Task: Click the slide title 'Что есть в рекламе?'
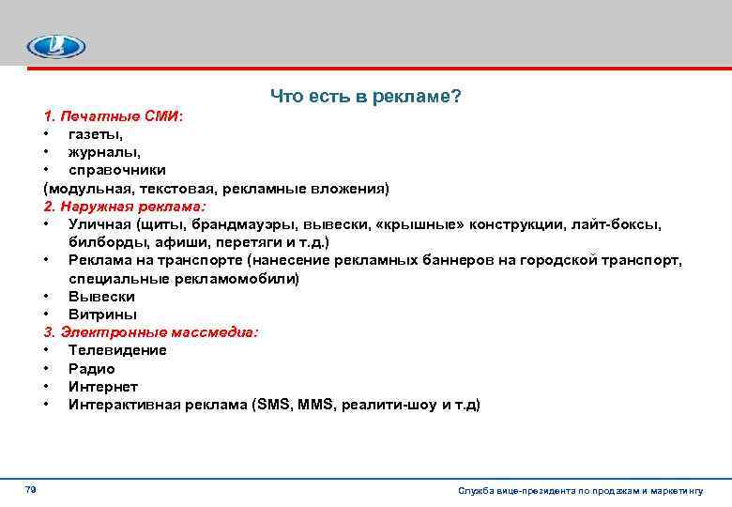click(x=366, y=97)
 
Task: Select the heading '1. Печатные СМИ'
click(x=114, y=116)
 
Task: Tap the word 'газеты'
click(x=96, y=134)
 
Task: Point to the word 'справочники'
click(x=117, y=170)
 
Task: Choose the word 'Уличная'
click(x=99, y=223)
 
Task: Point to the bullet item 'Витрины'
click(x=102, y=315)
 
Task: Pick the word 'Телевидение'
click(x=117, y=350)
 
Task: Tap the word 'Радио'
click(x=92, y=369)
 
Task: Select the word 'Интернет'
click(x=103, y=387)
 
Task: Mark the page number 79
click(x=30, y=490)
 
